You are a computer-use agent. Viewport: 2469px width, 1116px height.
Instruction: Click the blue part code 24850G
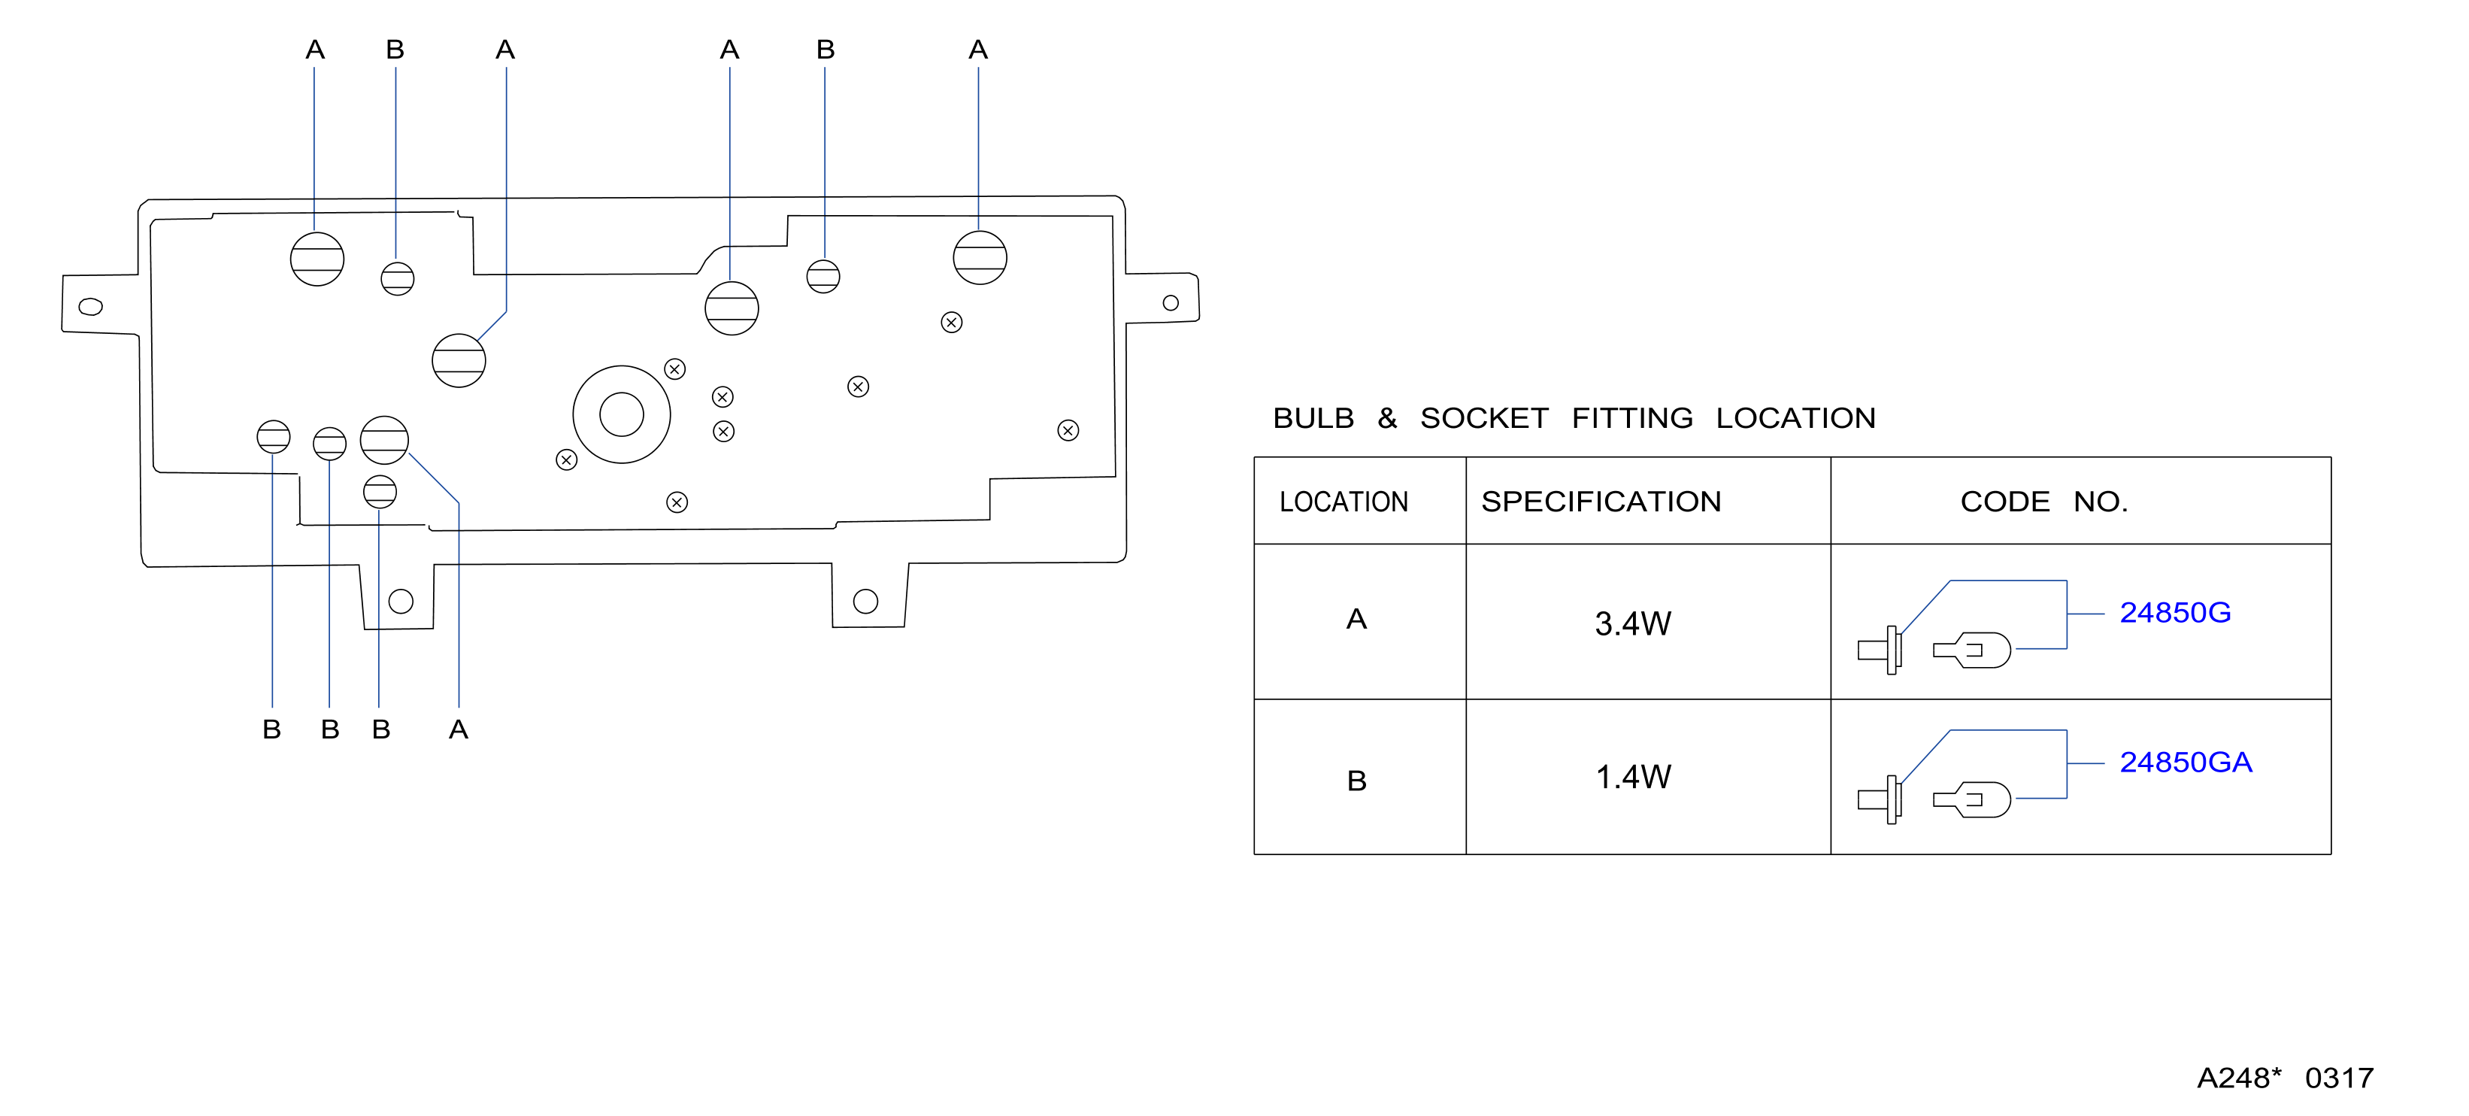coord(2175,613)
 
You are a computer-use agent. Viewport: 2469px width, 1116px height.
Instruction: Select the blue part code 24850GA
coord(2186,763)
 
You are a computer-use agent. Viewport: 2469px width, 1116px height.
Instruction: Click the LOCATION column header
coord(1344,502)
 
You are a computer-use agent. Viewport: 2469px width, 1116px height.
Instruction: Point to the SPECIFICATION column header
coord(1601,502)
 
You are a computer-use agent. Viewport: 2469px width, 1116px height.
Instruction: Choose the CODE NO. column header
coord(2043,502)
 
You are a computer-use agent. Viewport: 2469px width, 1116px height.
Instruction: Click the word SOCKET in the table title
coord(1483,418)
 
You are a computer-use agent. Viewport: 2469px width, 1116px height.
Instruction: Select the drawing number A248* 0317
coord(2285,1078)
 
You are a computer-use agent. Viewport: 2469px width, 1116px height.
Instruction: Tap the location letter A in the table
coord(1356,620)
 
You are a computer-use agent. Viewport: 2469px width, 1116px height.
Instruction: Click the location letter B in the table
coord(1356,781)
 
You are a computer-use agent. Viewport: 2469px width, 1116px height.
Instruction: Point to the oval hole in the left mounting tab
coord(90,307)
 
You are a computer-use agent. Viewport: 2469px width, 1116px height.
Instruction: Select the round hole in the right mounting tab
coord(1171,303)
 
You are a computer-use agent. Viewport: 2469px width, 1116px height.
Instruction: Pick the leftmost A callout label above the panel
coord(314,50)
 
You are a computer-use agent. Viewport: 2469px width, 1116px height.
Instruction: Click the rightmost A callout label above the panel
coord(977,50)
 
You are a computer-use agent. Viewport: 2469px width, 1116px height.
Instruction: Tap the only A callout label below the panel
coord(458,729)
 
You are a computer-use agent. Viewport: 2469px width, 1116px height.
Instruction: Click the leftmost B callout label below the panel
coord(271,729)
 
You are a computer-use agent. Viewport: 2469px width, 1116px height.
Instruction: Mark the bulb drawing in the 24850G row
coord(1971,650)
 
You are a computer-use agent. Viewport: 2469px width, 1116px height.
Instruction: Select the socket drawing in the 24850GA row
coord(1880,799)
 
